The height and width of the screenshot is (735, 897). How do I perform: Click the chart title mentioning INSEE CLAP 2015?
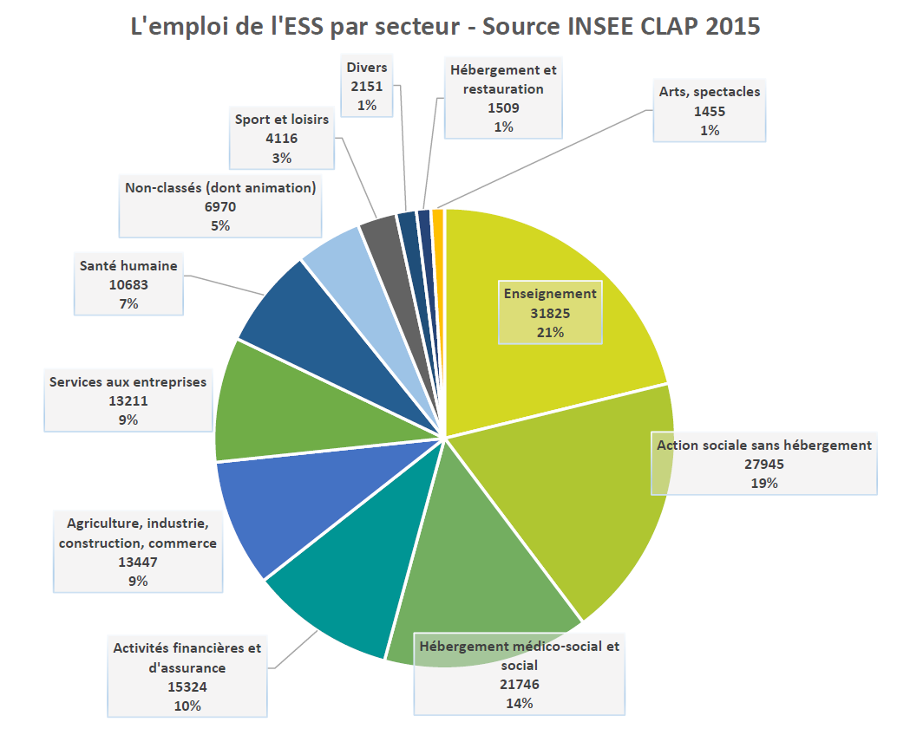click(445, 27)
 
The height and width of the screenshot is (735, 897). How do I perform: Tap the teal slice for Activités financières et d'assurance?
click(347, 589)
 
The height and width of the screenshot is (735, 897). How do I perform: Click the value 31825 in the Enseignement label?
click(550, 313)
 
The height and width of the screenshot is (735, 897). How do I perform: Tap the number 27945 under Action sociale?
click(763, 464)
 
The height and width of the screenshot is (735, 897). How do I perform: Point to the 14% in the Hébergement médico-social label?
click(519, 703)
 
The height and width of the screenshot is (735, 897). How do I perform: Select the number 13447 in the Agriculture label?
click(137, 562)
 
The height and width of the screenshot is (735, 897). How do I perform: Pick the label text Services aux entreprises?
click(128, 381)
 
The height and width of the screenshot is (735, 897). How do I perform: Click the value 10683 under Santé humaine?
click(128, 285)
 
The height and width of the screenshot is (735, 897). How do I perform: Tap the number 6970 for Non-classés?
click(219, 206)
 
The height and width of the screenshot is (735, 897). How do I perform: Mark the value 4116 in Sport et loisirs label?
click(281, 139)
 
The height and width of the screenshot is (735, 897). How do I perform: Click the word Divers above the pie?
click(366, 68)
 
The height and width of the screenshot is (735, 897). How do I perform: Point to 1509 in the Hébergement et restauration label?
click(503, 107)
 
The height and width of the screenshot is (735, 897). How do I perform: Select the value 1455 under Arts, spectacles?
click(709, 111)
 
